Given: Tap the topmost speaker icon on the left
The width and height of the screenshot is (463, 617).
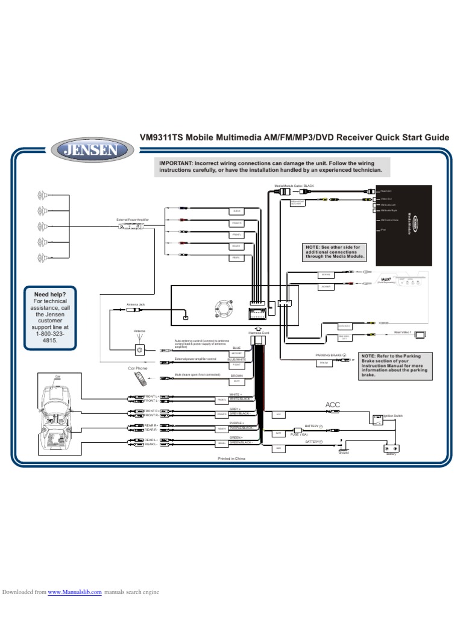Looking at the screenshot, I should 42,194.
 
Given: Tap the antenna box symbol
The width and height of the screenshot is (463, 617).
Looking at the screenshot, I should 139,350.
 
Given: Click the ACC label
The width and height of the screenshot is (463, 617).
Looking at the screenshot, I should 333,405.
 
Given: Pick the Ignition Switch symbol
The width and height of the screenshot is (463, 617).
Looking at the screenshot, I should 377,419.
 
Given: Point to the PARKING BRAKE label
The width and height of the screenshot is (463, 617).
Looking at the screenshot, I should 328,355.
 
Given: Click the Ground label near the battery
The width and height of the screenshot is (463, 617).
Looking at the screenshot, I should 344,453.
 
